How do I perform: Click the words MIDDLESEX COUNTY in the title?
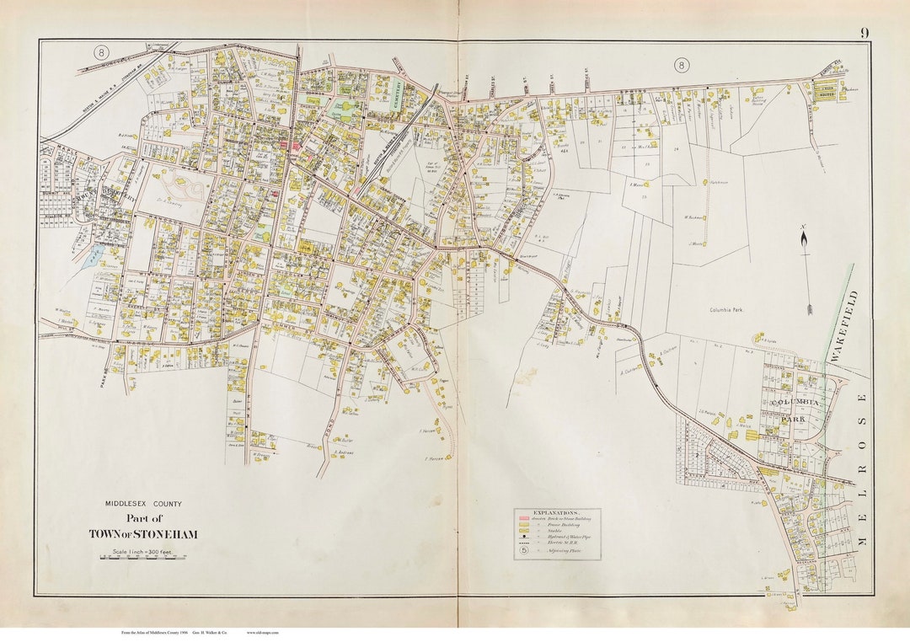143,504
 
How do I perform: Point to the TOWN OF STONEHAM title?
143,534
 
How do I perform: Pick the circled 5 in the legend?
524,553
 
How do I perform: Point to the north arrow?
806,270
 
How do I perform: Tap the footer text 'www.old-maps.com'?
264,631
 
